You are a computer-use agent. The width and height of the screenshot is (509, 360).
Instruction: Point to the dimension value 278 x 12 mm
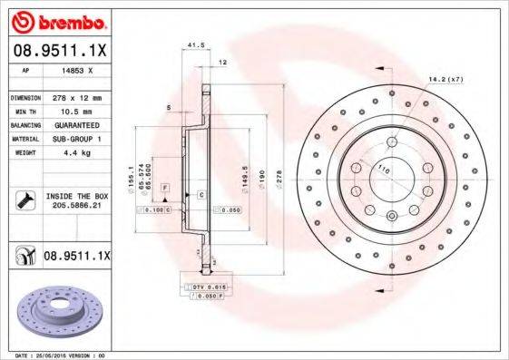coord(75,97)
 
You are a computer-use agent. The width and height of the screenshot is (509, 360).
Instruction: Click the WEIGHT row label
coord(24,153)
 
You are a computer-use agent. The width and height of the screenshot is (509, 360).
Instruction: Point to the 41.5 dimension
coord(192,44)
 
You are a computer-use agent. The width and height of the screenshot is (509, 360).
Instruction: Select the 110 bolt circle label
coord(382,170)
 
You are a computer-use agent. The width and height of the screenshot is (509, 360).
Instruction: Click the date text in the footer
coord(56,355)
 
